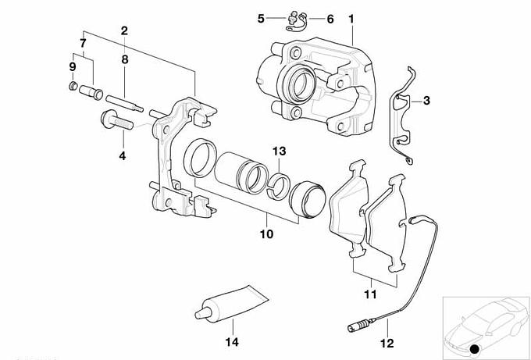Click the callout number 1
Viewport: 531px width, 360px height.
351,17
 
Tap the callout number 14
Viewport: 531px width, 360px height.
230,342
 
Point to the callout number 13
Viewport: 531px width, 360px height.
280,151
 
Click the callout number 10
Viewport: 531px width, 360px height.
265,233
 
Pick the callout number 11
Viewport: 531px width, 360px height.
370,294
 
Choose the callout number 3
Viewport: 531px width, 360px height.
426,100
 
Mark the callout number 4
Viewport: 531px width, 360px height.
122,156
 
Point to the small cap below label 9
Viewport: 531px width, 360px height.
73,85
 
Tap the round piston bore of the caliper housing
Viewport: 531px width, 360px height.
298,79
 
